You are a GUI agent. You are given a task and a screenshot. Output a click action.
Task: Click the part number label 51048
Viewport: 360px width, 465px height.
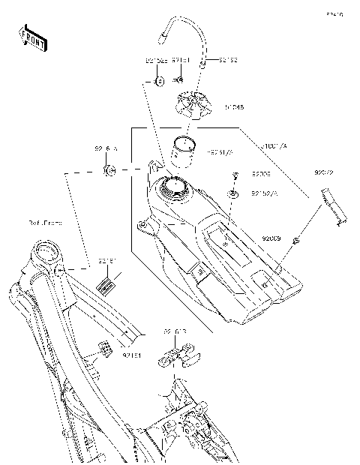(233, 107)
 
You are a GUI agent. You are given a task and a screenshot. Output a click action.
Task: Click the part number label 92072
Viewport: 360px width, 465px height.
(324, 173)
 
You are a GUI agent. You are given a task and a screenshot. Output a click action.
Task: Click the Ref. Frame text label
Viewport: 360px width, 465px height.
(46, 223)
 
